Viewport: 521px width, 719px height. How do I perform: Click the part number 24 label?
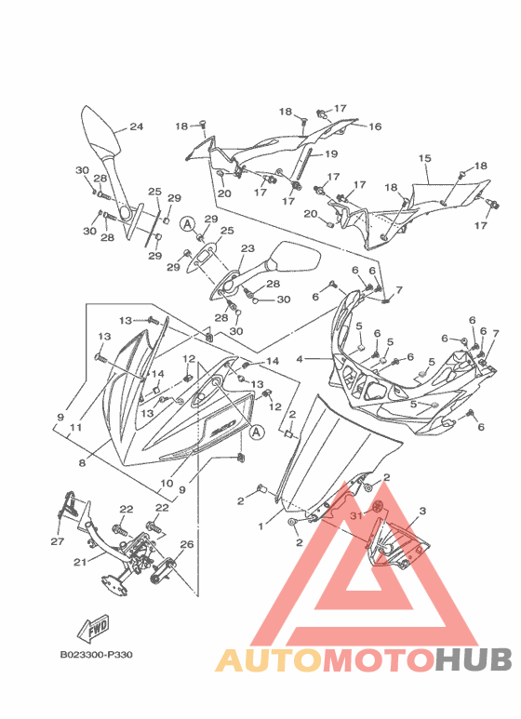(x=136, y=126)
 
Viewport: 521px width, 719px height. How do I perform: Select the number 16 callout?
(x=375, y=126)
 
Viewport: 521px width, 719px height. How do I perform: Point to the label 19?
(x=330, y=154)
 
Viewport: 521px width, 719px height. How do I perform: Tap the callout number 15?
(x=424, y=158)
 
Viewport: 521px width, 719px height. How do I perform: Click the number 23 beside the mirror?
(x=247, y=248)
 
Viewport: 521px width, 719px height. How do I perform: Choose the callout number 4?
(x=300, y=359)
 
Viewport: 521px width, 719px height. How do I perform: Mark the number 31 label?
(x=356, y=515)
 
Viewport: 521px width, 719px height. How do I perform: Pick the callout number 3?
(x=422, y=511)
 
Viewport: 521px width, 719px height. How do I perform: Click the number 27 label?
(x=58, y=541)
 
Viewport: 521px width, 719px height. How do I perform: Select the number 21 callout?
(x=80, y=562)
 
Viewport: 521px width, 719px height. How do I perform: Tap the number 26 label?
(x=187, y=544)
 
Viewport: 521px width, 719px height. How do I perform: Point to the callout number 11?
(x=75, y=427)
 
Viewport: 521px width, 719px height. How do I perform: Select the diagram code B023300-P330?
(x=97, y=655)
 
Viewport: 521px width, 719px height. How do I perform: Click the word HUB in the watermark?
(x=474, y=659)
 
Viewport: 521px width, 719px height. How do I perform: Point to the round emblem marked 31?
(x=379, y=506)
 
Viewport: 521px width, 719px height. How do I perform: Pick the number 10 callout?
(x=167, y=483)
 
